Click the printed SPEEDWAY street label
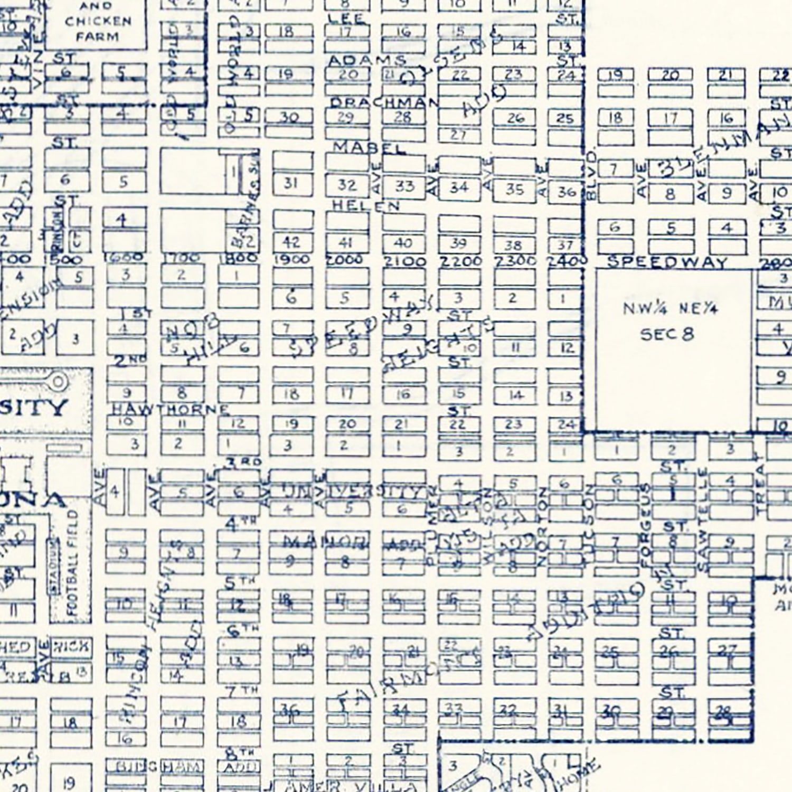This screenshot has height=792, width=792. (x=667, y=262)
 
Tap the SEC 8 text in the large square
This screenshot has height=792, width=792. (x=667, y=334)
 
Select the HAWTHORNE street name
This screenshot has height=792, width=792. (x=170, y=409)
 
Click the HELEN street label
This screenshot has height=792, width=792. (x=365, y=205)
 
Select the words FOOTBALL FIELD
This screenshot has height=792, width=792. (x=73, y=562)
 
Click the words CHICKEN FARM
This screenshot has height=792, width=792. (x=98, y=29)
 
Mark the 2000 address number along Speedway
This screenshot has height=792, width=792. (x=344, y=260)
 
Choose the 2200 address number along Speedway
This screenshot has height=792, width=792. (x=459, y=261)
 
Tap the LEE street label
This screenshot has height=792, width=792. (x=346, y=20)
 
